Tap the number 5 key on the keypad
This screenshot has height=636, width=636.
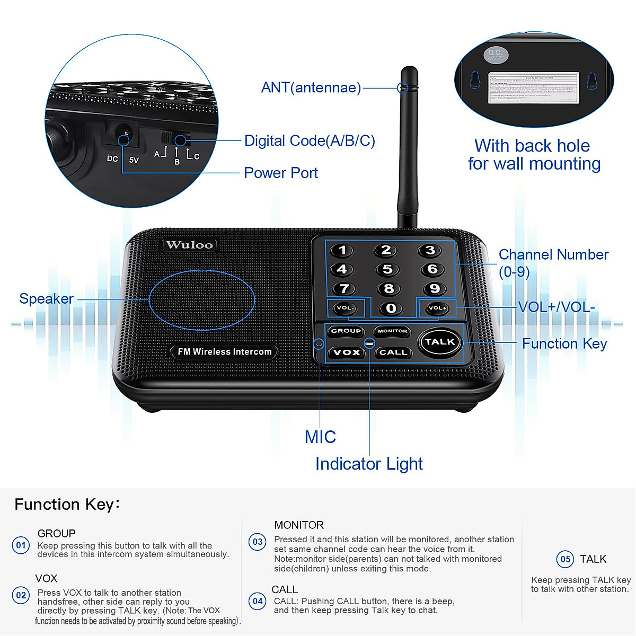pos(387,269)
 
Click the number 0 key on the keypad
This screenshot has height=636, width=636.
pos(391,308)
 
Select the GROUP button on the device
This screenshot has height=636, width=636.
pos(346,331)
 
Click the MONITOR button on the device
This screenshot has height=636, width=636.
pos(392,331)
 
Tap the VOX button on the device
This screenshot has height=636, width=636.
pos(347,352)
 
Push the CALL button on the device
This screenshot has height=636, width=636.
pos(393,352)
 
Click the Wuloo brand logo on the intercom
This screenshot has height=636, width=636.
pos(189,245)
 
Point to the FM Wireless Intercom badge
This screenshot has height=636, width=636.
pos(224,352)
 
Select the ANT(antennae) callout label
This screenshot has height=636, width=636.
pos(311,87)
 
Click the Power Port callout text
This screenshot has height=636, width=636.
pos(280,173)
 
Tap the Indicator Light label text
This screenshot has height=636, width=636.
pos(369,464)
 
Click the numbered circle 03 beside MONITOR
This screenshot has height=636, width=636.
pos(258,542)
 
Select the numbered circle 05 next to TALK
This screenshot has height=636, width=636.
pos(566,559)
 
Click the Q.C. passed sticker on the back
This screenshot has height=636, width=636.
pos(496,55)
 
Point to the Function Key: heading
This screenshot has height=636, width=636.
pos(67,504)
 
